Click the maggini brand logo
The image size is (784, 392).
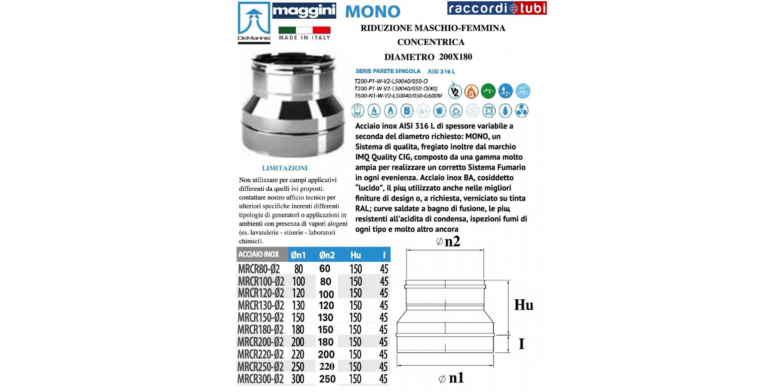click(x=304, y=10)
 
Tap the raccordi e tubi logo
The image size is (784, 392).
click(x=497, y=8)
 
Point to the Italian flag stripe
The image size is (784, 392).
click(x=304, y=30)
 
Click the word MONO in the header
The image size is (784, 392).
click(x=372, y=12)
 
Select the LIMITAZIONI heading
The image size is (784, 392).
click(x=285, y=168)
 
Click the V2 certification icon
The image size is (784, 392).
click(x=455, y=91)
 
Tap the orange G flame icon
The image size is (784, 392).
click(x=471, y=91)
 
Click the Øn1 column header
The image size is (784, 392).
click(x=298, y=255)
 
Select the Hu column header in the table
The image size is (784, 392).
click(x=355, y=255)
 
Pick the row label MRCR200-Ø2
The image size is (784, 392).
click(x=260, y=342)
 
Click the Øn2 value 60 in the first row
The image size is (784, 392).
click(x=325, y=269)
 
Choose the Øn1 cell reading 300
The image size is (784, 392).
click(x=298, y=379)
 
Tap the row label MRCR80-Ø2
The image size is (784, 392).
click(x=259, y=269)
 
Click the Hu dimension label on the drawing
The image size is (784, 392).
click(x=524, y=305)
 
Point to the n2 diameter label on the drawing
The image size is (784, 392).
click(x=449, y=241)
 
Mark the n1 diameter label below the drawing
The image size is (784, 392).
click(x=452, y=378)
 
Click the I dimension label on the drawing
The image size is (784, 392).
click(x=521, y=344)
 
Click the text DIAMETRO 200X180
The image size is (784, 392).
click(x=428, y=57)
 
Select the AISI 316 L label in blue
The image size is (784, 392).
click(x=441, y=71)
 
